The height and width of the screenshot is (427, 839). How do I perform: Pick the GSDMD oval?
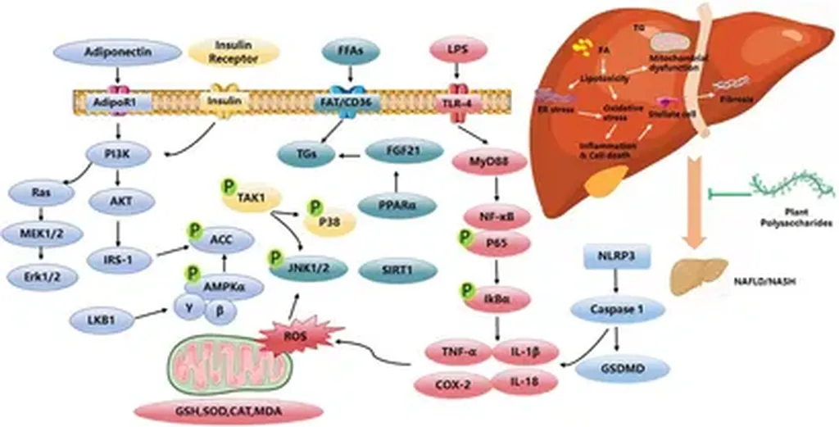pyautogui.click(x=622, y=369)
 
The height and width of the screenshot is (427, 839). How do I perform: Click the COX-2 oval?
pyautogui.click(x=450, y=384)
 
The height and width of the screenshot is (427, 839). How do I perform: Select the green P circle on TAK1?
pyautogui.click(x=228, y=187)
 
